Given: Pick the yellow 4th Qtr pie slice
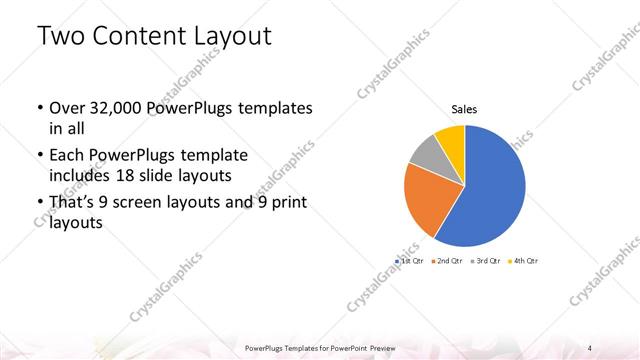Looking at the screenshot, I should (x=451, y=137).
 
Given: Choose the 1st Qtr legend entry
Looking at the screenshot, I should (x=411, y=260).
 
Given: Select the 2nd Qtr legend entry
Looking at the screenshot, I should (x=447, y=260).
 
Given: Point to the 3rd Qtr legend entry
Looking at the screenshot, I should (x=484, y=260).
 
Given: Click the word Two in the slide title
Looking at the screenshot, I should (x=61, y=38).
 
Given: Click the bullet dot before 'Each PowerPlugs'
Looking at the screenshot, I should (x=38, y=157).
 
